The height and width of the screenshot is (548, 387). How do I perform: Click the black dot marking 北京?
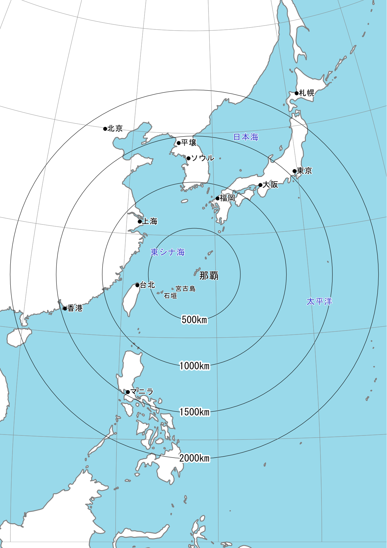tap(105, 129)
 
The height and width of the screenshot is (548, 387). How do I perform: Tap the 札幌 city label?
tap(306, 93)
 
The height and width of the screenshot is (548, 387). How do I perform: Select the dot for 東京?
tap(294, 171)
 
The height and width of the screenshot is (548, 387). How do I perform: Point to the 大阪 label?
tap(270, 184)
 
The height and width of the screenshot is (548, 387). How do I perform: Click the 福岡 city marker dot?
tap(218, 199)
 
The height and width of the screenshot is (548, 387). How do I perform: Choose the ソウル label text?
tap(203, 158)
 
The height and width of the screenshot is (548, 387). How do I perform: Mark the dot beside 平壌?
tap(179, 143)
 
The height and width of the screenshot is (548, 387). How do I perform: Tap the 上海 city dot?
tap(140, 222)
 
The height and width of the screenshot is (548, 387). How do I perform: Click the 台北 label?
tap(148, 285)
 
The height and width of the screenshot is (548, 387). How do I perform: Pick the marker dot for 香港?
tap(65, 309)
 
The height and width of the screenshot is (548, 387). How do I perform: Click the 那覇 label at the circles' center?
tap(209, 275)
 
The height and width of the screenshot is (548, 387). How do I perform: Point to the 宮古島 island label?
tap(186, 289)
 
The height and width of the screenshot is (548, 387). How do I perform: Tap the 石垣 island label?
tap(170, 296)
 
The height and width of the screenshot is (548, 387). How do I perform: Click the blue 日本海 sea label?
tap(246, 137)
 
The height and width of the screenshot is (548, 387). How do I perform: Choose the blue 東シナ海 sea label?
tap(168, 252)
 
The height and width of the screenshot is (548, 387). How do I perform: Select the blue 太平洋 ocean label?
tap(319, 301)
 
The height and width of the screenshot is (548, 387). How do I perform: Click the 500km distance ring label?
tap(194, 319)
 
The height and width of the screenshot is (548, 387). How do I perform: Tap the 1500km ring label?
tap(194, 412)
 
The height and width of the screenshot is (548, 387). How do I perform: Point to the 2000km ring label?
tap(194, 458)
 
